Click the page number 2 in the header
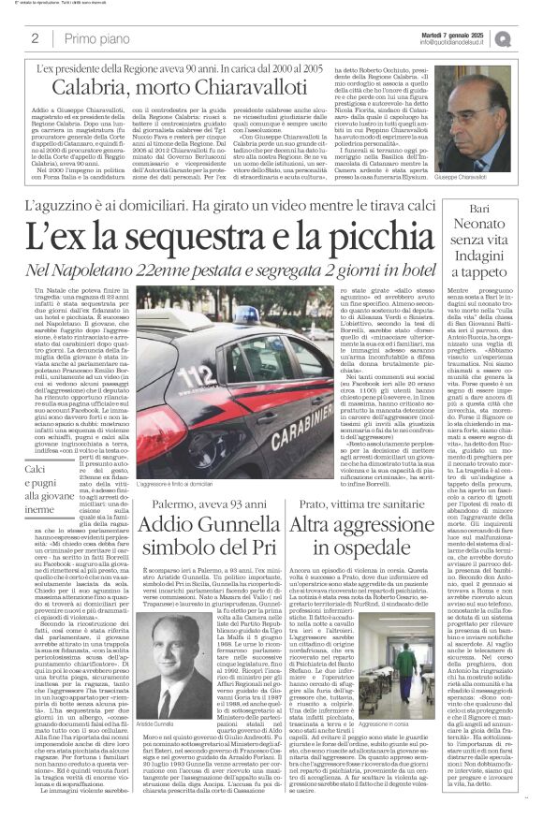35,38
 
